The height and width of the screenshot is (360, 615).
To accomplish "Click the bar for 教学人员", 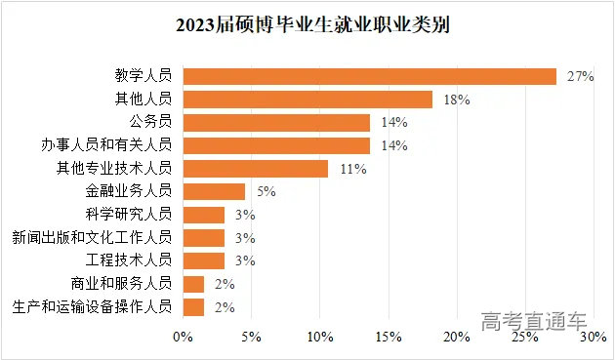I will click(369, 76).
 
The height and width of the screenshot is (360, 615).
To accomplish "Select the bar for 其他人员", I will click(307, 99).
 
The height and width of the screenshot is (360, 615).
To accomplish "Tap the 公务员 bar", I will click(276, 122).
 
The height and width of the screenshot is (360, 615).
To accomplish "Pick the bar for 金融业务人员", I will click(214, 191).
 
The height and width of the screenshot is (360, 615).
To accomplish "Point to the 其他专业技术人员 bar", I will click(256, 169).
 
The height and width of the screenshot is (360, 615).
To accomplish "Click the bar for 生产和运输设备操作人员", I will click(193, 307).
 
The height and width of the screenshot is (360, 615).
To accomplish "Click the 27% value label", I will click(580, 76).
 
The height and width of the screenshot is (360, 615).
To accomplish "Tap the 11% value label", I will click(352, 169).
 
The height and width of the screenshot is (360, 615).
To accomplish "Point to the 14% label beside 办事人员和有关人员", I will click(394, 145).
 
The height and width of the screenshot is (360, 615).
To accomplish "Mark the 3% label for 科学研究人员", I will click(245, 215).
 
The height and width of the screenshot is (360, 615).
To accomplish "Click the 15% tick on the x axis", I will click(388, 338).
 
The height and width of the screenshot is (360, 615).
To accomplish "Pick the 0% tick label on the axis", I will click(183, 338).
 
